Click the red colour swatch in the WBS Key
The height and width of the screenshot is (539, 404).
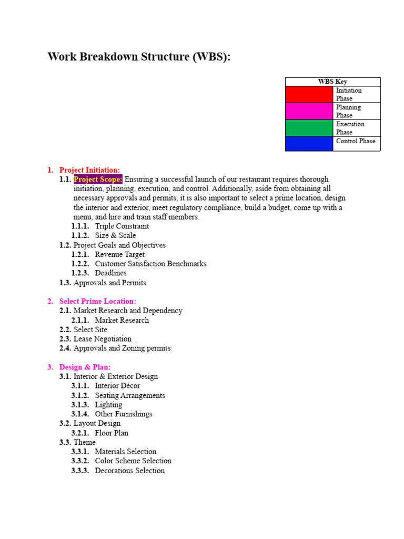(309, 94)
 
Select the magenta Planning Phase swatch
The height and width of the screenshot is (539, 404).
(309, 111)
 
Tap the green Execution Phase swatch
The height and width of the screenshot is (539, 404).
(309, 128)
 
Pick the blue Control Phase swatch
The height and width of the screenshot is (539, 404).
(309, 143)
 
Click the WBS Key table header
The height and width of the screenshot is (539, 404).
(332, 82)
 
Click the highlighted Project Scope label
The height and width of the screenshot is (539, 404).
(98, 179)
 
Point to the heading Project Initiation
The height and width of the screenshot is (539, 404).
(89, 169)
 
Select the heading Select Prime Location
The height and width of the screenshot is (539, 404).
(97, 301)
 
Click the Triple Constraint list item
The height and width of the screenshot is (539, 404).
(122, 226)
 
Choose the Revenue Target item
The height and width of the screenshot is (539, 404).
(119, 254)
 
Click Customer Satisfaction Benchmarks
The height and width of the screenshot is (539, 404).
(150, 264)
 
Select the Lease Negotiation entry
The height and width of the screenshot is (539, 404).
(103, 339)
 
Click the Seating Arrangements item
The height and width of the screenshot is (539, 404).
(130, 395)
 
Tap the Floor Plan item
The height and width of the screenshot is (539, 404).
(112, 433)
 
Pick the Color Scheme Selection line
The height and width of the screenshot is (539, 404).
(133, 461)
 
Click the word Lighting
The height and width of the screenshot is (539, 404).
(108, 405)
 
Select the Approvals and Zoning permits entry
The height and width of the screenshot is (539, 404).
(122, 348)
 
